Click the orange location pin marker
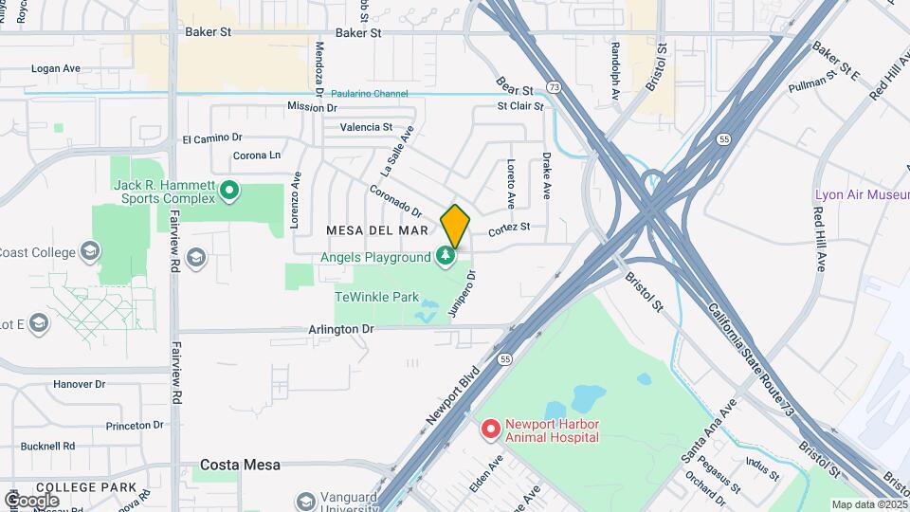455,226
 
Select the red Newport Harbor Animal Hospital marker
490,430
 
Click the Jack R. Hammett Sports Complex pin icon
228,192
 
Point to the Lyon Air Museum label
862,194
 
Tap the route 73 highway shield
553,86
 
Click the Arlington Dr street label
342,329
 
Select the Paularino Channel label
369,94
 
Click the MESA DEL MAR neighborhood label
378,230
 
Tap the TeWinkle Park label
376,297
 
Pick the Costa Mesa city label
240,465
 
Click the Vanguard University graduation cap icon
305,501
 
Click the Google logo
32,500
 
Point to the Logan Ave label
57,68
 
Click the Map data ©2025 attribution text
868,504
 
